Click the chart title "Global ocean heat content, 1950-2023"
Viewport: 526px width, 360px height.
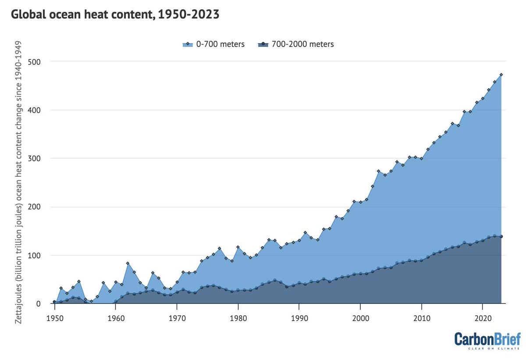(115, 14)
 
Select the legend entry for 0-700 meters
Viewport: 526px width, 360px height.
(213, 44)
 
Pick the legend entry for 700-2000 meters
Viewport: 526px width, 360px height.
(295, 44)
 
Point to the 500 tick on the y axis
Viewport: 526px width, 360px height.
(34, 62)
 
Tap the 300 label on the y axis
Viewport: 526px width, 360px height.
(34, 158)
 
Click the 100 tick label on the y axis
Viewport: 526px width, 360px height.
(34, 255)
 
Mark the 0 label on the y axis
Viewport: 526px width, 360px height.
(39, 303)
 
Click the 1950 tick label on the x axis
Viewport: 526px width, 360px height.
(55, 318)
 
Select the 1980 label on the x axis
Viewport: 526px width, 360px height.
(238, 318)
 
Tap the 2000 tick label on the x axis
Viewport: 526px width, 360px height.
(360, 318)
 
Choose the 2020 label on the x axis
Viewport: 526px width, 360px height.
(483, 318)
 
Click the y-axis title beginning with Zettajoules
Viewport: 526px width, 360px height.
(18, 182)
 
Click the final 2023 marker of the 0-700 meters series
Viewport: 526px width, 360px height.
(501, 75)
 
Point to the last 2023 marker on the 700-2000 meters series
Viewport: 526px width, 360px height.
(501, 236)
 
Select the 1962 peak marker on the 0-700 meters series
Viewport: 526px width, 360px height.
(128, 263)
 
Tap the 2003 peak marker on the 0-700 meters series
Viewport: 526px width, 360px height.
(378, 171)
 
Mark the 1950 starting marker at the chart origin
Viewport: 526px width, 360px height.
(54, 302)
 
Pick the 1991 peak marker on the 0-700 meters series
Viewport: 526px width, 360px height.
(305, 232)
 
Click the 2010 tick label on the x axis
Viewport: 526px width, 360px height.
(422, 318)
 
